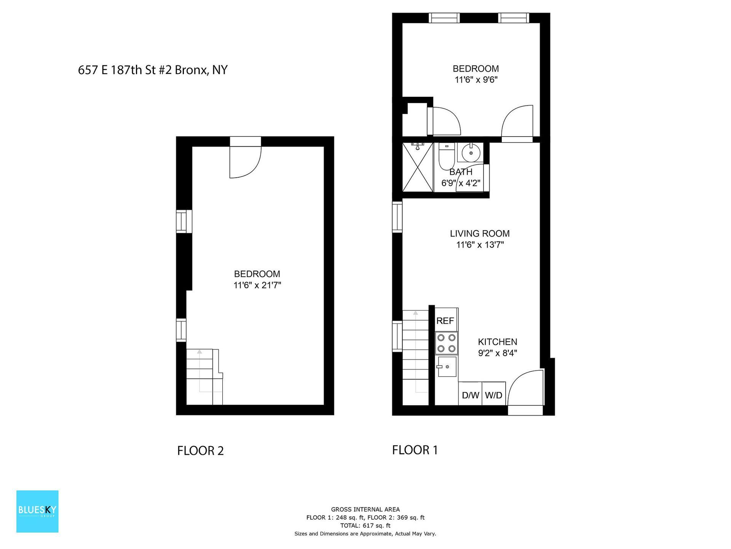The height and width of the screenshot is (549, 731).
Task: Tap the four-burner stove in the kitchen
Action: [x=446, y=343]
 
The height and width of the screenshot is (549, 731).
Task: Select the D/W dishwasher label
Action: [x=470, y=395]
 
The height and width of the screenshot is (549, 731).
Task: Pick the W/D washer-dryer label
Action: [x=493, y=395]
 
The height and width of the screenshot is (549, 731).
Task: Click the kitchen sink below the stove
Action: [x=447, y=367]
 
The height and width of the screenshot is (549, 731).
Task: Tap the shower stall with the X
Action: [x=418, y=167]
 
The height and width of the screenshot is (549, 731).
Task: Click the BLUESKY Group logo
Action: [x=37, y=511]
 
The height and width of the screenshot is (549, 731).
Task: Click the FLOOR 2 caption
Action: [x=200, y=451]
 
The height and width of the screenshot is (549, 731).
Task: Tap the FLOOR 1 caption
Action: [x=415, y=450]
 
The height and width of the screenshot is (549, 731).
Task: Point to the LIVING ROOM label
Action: [x=480, y=233]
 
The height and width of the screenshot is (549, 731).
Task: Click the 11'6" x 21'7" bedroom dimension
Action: [x=257, y=285]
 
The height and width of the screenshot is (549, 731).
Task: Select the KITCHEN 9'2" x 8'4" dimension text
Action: [x=497, y=353]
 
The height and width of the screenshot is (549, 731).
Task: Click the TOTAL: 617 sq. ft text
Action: [x=365, y=525]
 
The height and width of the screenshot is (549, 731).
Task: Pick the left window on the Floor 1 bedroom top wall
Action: [x=444, y=18]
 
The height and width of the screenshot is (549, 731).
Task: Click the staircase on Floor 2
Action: [x=204, y=377]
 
